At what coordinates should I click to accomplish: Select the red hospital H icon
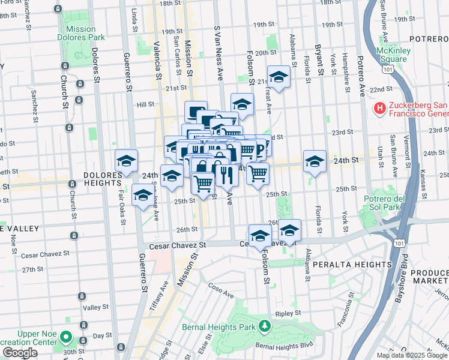coord(379,108)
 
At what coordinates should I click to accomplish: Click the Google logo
coord(20,353)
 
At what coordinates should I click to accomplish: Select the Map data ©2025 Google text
coord(411,355)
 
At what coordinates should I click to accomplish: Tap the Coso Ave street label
coord(222,292)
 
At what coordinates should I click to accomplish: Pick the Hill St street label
coord(145,104)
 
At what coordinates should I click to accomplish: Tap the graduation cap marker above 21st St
coord(279,77)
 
